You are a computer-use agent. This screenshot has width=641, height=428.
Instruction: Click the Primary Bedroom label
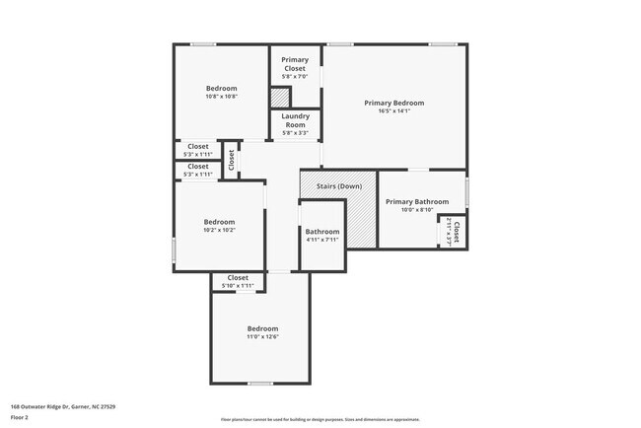[393, 103]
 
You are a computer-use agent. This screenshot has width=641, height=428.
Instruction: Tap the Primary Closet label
[294, 64]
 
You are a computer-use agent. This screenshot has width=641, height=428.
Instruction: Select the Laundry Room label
[295, 120]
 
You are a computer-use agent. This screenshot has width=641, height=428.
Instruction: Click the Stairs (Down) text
[337, 186]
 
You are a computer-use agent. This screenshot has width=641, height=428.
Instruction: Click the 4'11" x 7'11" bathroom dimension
[322, 240]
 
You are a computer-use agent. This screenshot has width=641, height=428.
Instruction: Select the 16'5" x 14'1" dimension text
[393, 111]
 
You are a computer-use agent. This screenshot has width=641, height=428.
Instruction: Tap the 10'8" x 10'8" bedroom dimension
[221, 97]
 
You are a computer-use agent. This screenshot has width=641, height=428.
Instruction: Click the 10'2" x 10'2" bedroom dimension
[219, 230]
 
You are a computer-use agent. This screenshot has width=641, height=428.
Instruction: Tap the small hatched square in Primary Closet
[280, 98]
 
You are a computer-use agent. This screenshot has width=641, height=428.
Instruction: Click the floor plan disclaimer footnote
[320, 420]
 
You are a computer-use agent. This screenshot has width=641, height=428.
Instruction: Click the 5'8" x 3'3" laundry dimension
[295, 133]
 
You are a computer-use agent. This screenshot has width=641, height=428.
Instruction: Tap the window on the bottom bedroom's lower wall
[260, 384]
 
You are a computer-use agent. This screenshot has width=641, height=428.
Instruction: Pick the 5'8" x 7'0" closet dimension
[294, 77]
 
